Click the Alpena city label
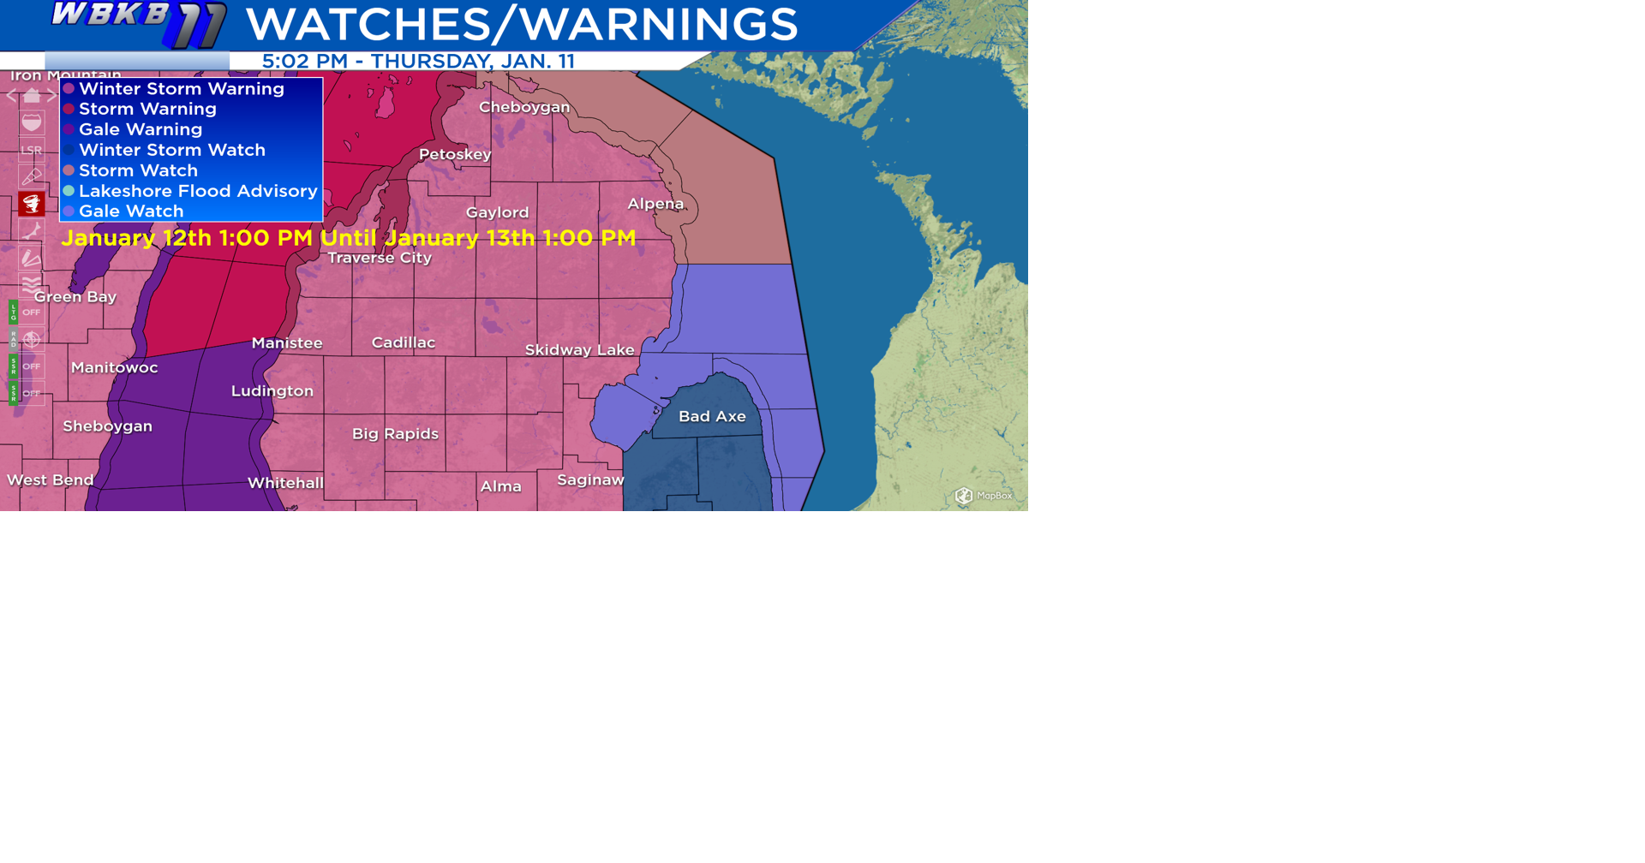pyautogui.click(x=655, y=204)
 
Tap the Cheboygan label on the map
pyautogui.click(x=523, y=107)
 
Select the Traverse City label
pyautogui.click(x=380, y=258)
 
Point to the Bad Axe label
pyautogui.click(x=712, y=416)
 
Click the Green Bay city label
pyautogui.click(x=75, y=297)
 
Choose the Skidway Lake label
pyautogui.click(x=579, y=349)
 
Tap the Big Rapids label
pyautogui.click(x=395, y=433)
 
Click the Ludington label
pyautogui.click(x=272, y=390)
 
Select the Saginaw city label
pyautogui.click(x=590, y=479)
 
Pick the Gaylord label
pyautogui.click(x=497, y=212)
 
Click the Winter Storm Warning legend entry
pyautogui.click(x=181, y=89)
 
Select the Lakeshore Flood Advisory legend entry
pyautogui.click(x=198, y=191)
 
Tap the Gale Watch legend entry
pyautogui.click(x=131, y=211)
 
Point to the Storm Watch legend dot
pyautogui.click(x=69, y=170)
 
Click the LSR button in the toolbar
pyautogui.click(x=32, y=150)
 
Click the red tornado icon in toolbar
pyautogui.click(x=32, y=204)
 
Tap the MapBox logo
pyautogui.click(x=984, y=495)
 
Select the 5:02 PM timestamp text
pyautogui.click(x=305, y=62)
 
